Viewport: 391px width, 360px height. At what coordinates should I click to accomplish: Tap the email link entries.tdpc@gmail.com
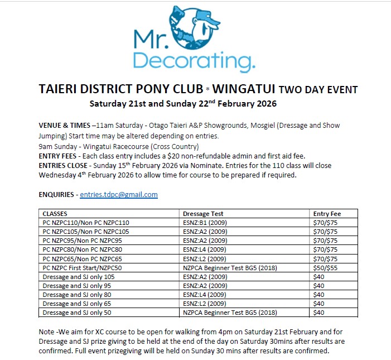click(x=118, y=195)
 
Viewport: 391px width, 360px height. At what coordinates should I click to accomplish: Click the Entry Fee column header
click(x=327, y=214)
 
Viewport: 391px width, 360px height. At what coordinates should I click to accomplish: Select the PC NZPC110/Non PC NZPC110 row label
click(x=85, y=223)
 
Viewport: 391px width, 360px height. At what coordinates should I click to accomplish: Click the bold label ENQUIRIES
click(x=57, y=195)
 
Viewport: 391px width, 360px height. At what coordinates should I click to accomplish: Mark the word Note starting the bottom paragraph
click(x=47, y=330)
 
